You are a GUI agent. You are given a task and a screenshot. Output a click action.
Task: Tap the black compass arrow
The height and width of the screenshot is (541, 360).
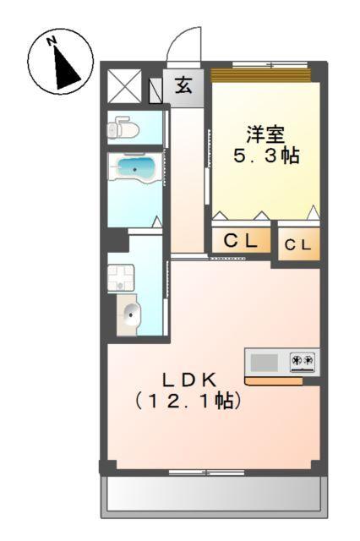coord(64,68)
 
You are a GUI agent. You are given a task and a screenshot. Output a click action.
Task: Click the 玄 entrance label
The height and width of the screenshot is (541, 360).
coord(183,85)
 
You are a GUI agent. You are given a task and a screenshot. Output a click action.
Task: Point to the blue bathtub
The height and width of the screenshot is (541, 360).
coord(134,168)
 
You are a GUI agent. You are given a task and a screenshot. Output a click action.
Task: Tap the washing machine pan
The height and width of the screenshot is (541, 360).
coord(120,276)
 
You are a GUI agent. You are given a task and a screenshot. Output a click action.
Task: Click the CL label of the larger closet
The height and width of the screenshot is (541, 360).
coord(240,241)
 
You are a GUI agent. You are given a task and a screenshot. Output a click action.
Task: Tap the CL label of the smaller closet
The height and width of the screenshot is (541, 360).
coord(297,245)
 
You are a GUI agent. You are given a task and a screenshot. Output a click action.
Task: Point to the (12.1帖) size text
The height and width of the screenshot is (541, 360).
coord(188,402)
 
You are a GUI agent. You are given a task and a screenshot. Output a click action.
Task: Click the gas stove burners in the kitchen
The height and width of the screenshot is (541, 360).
coord(302,362)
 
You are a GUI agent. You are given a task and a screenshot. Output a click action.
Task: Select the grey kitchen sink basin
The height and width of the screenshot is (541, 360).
coord(265,363)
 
